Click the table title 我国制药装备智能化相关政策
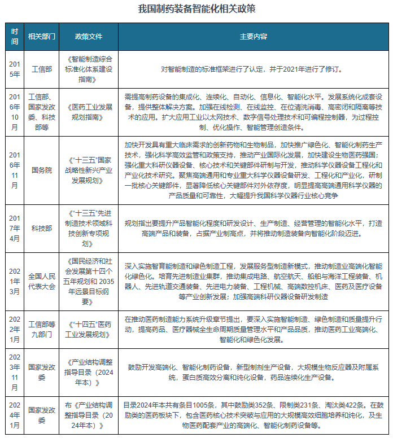[x=197, y=9]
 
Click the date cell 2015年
[x=15, y=69]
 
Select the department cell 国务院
[x=42, y=168]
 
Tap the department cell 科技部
[x=42, y=229]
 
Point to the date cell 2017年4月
[x=15, y=229]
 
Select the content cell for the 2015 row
[x=254, y=69]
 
